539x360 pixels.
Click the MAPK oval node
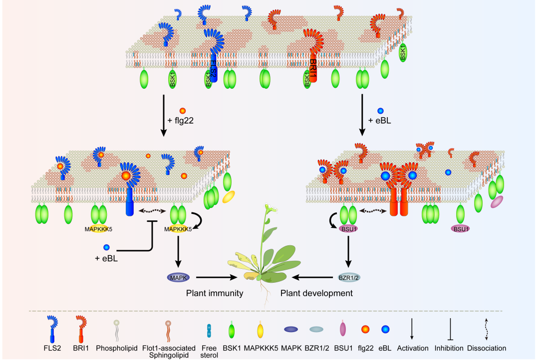[178, 277]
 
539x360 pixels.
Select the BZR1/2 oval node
[348, 277]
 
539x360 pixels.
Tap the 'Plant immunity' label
[215, 293]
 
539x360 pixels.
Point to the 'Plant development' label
[316, 293]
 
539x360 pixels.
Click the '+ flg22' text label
[180, 120]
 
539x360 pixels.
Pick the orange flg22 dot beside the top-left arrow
[183, 111]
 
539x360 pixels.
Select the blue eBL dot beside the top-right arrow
[380, 111]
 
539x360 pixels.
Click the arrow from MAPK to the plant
[217, 277]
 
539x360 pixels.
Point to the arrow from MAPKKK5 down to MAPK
[178, 251]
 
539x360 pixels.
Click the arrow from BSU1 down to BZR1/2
[348, 251]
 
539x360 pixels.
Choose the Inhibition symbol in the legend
[449, 329]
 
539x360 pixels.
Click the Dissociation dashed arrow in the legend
[487, 329]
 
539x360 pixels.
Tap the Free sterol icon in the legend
[209, 330]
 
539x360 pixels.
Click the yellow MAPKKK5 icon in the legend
[261, 330]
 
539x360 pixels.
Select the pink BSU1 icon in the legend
[342, 329]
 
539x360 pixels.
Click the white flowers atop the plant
[269, 208]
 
